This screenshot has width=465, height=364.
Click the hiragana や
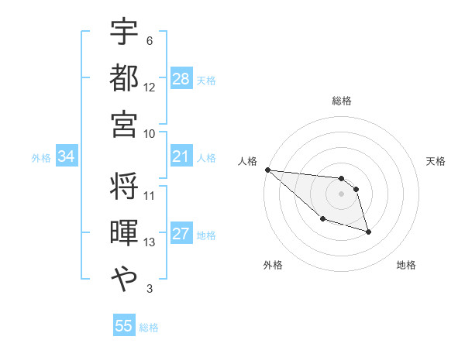(124, 277)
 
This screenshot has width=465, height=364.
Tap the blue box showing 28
(181, 79)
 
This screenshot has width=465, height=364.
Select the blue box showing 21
(181, 157)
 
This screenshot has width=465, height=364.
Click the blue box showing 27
(181, 235)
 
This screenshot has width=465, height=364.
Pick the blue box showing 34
(67, 157)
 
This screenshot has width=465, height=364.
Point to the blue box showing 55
(124, 326)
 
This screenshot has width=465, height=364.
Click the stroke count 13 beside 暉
(150, 242)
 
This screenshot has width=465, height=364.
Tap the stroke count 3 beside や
(149, 289)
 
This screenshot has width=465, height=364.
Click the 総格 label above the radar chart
(341, 101)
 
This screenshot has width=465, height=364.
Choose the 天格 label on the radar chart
(436, 161)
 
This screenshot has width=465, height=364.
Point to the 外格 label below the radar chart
(273, 265)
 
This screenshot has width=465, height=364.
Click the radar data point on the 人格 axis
(267, 170)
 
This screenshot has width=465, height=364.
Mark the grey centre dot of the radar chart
(341, 194)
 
